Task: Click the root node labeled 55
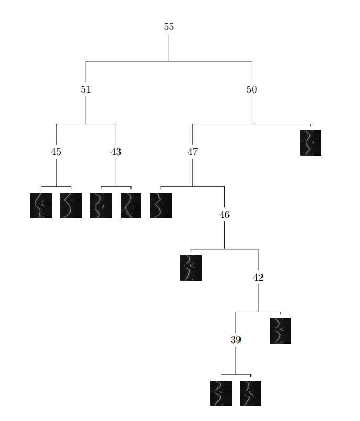click(x=169, y=27)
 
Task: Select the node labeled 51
click(x=86, y=90)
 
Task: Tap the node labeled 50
click(x=252, y=90)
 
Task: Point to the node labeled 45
click(x=56, y=152)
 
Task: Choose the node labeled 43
click(x=116, y=152)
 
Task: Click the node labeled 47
click(x=192, y=152)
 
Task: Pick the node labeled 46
click(x=224, y=215)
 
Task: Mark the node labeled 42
click(x=258, y=278)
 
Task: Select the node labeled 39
click(x=236, y=340)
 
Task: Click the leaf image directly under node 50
click(x=311, y=142)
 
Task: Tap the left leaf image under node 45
click(x=41, y=205)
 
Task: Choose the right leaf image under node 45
click(x=71, y=205)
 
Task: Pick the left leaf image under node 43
click(x=101, y=205)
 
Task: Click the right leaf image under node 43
click(x=131, y=205)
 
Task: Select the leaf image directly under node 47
click(x=161, y=205)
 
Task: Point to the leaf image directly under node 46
click(x=191, y=268)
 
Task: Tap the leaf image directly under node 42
click(x=280, y=330)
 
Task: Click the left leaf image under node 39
click(x=221, y=393)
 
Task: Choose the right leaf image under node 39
click(x=250, y=393)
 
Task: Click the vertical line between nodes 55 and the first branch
click(x=169, y=47)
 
